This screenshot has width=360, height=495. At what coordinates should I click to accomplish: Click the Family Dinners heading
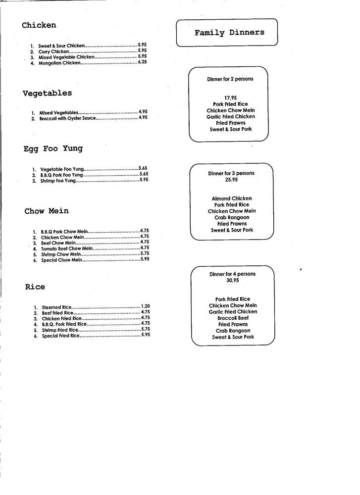point(229,33)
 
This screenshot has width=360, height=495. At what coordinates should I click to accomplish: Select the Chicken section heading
point(39,25)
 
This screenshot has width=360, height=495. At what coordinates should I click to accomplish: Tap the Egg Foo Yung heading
point(53,148)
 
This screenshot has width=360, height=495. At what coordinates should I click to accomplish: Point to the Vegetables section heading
point(47,93)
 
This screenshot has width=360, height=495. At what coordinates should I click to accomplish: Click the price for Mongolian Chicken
point(142,62)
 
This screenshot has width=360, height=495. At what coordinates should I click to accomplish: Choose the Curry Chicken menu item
point(54,51)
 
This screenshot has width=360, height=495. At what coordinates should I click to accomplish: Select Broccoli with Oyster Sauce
point(67,118)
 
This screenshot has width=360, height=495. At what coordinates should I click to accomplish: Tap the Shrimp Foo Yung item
point(58,181)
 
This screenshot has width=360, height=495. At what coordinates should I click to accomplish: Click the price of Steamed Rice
point(145,306)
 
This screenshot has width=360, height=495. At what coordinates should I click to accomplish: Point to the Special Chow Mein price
point(145,259)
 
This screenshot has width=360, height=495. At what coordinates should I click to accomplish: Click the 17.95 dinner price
point(230,98)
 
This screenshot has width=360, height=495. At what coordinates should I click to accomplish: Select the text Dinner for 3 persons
point(231,174)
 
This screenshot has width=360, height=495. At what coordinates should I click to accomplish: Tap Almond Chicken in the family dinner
point(231,198)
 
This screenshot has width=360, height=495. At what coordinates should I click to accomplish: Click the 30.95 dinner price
point(232,280)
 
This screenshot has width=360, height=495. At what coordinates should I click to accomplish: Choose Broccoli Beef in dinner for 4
point(233,318)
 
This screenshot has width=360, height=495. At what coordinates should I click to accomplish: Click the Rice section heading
point(35,287)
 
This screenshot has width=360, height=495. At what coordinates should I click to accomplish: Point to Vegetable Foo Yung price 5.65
point(143,168)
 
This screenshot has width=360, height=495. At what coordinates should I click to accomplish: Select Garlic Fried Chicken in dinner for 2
point(231,117)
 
